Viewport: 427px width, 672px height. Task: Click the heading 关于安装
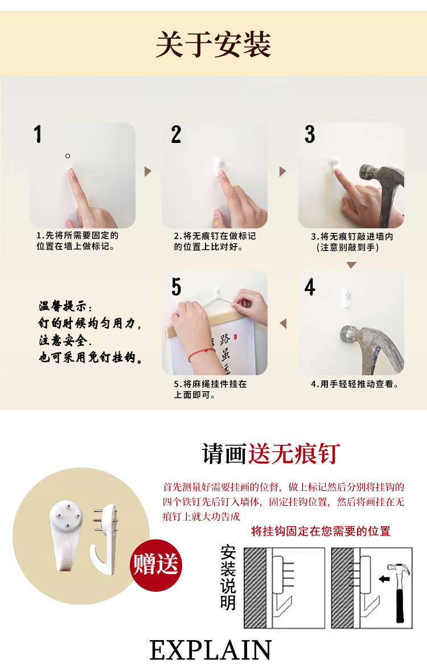point(213,44)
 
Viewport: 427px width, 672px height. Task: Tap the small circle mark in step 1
point(68,156)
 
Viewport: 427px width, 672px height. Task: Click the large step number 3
point(310,134)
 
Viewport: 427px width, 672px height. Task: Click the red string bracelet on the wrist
point(202,354)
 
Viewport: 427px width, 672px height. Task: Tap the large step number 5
point(176,286)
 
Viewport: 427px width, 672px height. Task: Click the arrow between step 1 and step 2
point(148,171)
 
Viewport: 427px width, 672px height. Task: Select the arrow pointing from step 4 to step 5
point(282,323)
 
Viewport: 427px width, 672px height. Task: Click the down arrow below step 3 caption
point(352,265)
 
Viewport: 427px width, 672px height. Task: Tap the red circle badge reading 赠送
point(155,565)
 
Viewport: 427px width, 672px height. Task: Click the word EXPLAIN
point(210,650)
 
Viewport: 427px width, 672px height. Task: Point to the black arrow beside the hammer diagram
point(385,579)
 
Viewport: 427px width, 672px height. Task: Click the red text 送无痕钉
point(294,453)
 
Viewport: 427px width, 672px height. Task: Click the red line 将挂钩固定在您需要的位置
point(321,531)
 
